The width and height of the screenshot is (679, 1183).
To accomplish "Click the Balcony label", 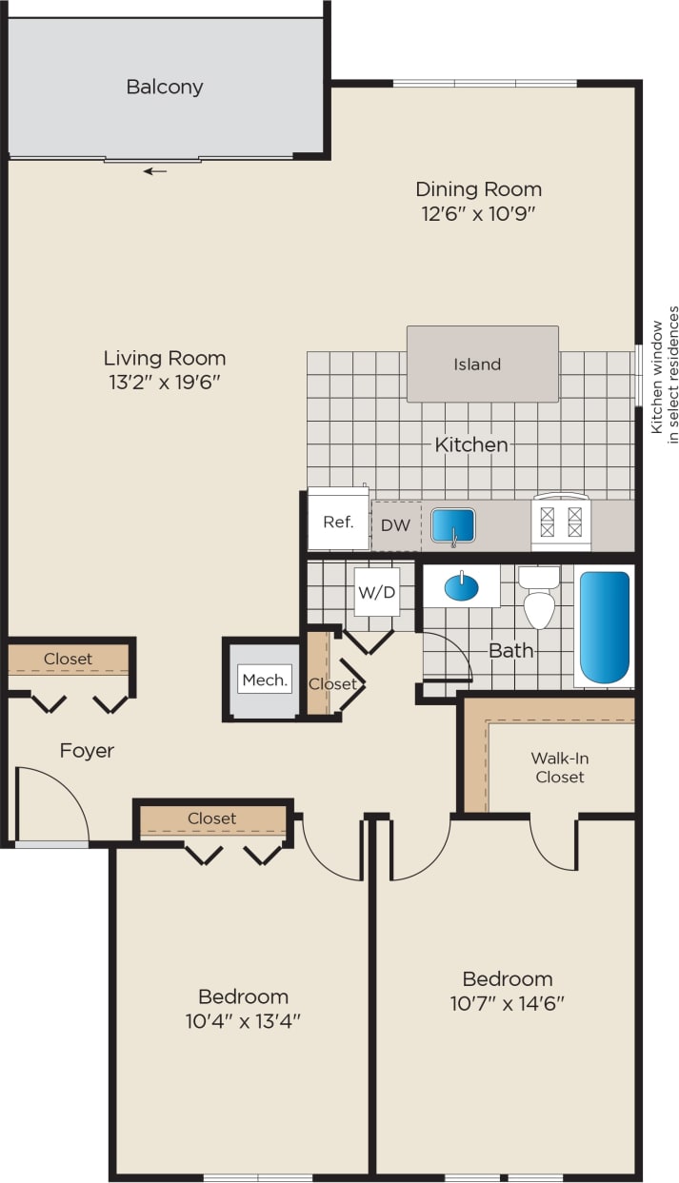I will [165, 87].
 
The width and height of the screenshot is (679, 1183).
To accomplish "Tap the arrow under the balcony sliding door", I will [155, 171].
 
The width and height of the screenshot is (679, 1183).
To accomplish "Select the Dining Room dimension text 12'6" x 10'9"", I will [478, 213].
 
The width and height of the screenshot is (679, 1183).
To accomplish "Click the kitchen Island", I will [482, 364].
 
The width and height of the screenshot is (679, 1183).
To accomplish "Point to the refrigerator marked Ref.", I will [338, 520].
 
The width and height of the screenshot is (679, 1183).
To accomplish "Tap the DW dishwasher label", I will [395, 524].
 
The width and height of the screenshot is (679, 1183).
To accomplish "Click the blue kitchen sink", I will [453, 525].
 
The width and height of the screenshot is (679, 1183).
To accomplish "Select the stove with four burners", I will [561, 522].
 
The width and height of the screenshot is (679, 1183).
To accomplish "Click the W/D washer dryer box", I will [376, 592].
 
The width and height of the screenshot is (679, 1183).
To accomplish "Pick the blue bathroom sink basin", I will [462, 586].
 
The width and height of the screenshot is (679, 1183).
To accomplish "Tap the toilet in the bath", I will [539, 598].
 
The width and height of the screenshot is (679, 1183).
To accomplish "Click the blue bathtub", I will [605, 625].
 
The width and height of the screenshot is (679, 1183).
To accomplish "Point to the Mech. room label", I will [265, 680].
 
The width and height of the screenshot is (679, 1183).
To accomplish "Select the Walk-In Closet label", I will [559, 767].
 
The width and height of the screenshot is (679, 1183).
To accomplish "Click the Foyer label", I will [87, 751].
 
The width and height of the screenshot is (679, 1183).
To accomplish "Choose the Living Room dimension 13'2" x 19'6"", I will [165, 383].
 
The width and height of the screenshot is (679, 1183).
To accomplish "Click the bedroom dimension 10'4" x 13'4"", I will [243, 1021].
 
